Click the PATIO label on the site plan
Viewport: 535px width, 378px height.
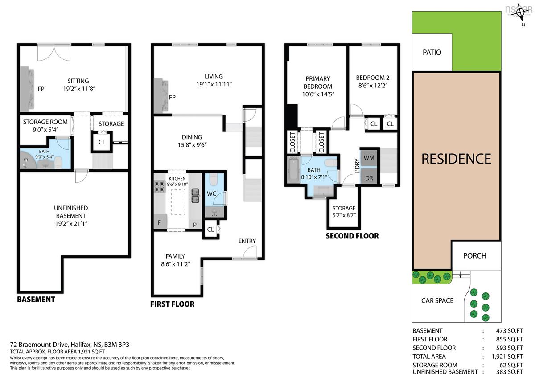(432, 52)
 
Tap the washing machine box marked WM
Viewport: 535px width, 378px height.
(369, 158)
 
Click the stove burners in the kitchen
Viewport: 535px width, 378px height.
(160, 187)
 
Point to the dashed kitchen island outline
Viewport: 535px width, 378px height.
(178, 202)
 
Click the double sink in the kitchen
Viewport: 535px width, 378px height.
(195, 196)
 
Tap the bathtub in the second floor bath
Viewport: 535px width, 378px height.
(293, 170)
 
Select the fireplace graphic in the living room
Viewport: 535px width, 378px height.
(161, 95)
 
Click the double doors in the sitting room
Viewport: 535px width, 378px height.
(54, 52)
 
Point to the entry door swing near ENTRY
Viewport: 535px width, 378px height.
(250, 252)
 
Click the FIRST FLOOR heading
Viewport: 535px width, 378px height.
(172, 304)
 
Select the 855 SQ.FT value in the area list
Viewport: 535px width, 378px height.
(509, 339)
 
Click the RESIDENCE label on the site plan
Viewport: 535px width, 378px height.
(456, 159)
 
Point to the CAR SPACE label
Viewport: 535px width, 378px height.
(437, 300)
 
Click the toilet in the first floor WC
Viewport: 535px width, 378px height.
(213, 179)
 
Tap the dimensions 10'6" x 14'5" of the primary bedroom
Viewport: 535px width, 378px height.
(318, 94)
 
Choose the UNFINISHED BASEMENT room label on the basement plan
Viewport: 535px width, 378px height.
(71, 212)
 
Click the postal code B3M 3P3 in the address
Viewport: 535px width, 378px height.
(116, 344)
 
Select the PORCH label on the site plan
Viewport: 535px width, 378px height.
(474, 256)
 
